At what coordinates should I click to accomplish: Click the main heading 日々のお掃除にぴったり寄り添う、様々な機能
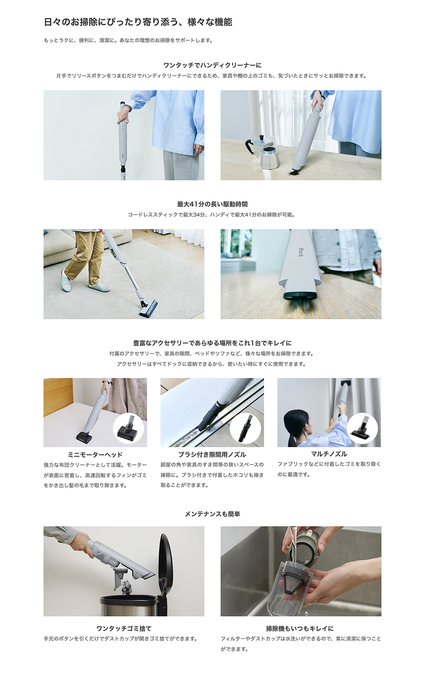(x=138, y=22)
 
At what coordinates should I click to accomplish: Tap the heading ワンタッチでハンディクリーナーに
(x=212, y=65)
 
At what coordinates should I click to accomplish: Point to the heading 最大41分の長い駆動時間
(x=212, y=204)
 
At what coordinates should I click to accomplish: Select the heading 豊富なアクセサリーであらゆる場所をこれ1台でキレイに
(x=212, y=343)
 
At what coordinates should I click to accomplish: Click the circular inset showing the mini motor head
(x=128, y=428)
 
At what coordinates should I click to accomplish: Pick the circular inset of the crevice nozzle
(x=245, y=428)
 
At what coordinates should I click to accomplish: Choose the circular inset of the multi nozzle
(x=362, y=428)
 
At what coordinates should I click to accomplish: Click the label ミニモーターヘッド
(x=95, y=454)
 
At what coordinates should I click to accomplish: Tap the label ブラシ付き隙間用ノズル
(x=212, y=454)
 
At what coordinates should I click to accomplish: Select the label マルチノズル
(x=329, y=454)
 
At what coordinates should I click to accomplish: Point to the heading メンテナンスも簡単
(x=212, y=514)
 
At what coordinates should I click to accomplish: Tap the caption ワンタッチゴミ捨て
(x=124, y=628)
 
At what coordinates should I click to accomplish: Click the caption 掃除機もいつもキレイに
(x=300, y=628)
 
